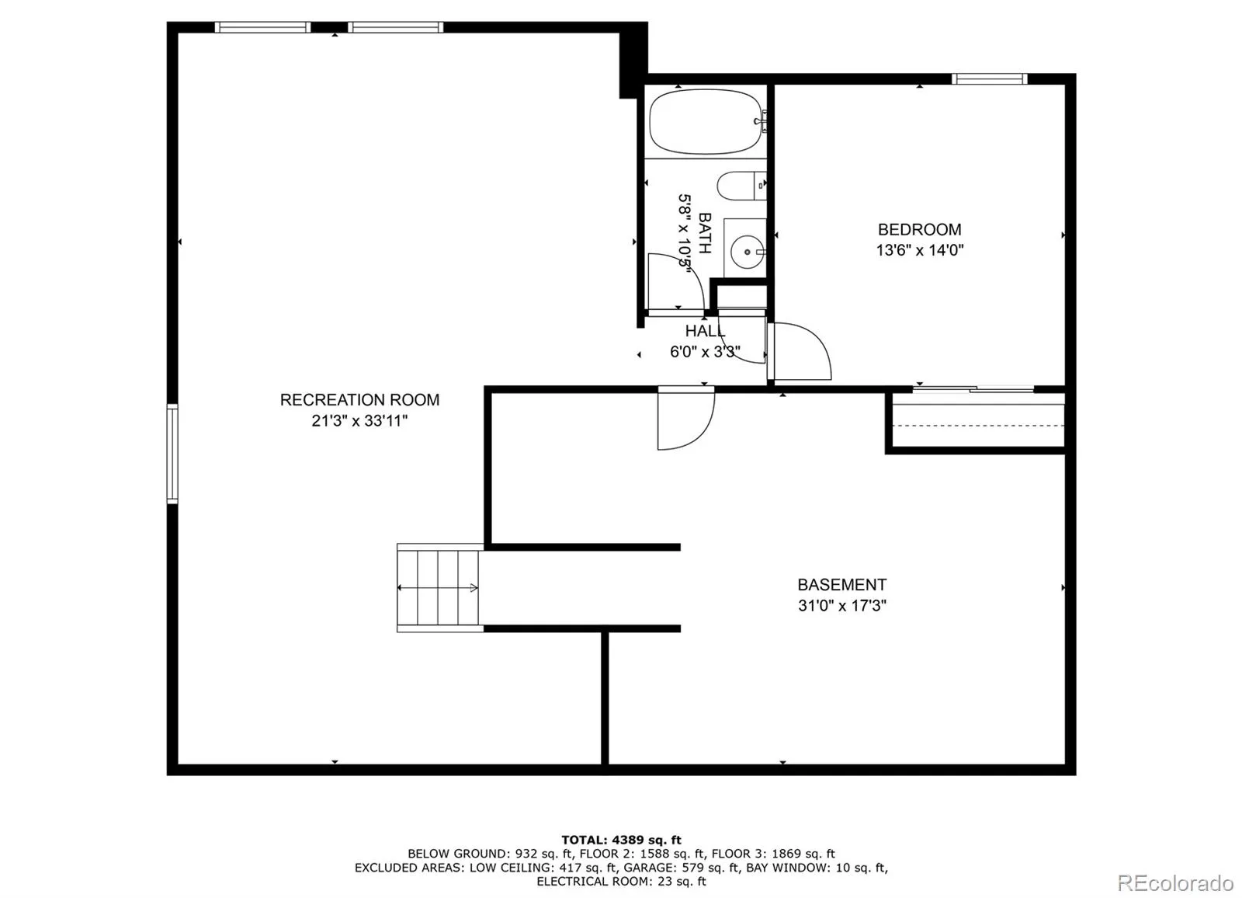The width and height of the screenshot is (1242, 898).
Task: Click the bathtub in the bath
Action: pos(706,121)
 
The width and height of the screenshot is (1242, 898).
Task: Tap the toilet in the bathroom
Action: pos(742,186)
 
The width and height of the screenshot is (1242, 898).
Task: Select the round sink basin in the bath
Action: pos(747,252)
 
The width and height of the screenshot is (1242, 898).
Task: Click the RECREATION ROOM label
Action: pos(359,399)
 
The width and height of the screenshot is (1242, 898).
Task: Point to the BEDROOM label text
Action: pos(919,229)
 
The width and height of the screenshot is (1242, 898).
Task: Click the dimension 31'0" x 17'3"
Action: pos(841,605)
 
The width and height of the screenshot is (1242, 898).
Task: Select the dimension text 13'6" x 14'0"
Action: pos(919,250)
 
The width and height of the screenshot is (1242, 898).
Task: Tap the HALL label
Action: pos(705,331)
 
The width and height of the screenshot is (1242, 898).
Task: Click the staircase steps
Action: pos(439,588)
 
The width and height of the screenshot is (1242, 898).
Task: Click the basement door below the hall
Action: pos(686,419)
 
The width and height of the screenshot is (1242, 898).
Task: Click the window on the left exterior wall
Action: pos(172,454)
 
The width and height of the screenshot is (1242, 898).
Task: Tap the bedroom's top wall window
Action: pos(989,78)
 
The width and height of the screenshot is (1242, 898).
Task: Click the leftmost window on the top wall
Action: pos(263,27)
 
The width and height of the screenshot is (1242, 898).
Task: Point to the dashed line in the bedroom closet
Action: pos(978,426)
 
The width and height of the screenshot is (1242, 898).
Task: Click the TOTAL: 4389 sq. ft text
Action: pos(621,840)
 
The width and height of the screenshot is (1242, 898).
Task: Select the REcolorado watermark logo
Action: pos(1175,882)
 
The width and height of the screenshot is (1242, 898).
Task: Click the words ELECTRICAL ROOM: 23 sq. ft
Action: pos(621,882)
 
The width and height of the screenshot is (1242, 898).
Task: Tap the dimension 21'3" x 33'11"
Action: pos(359,421)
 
